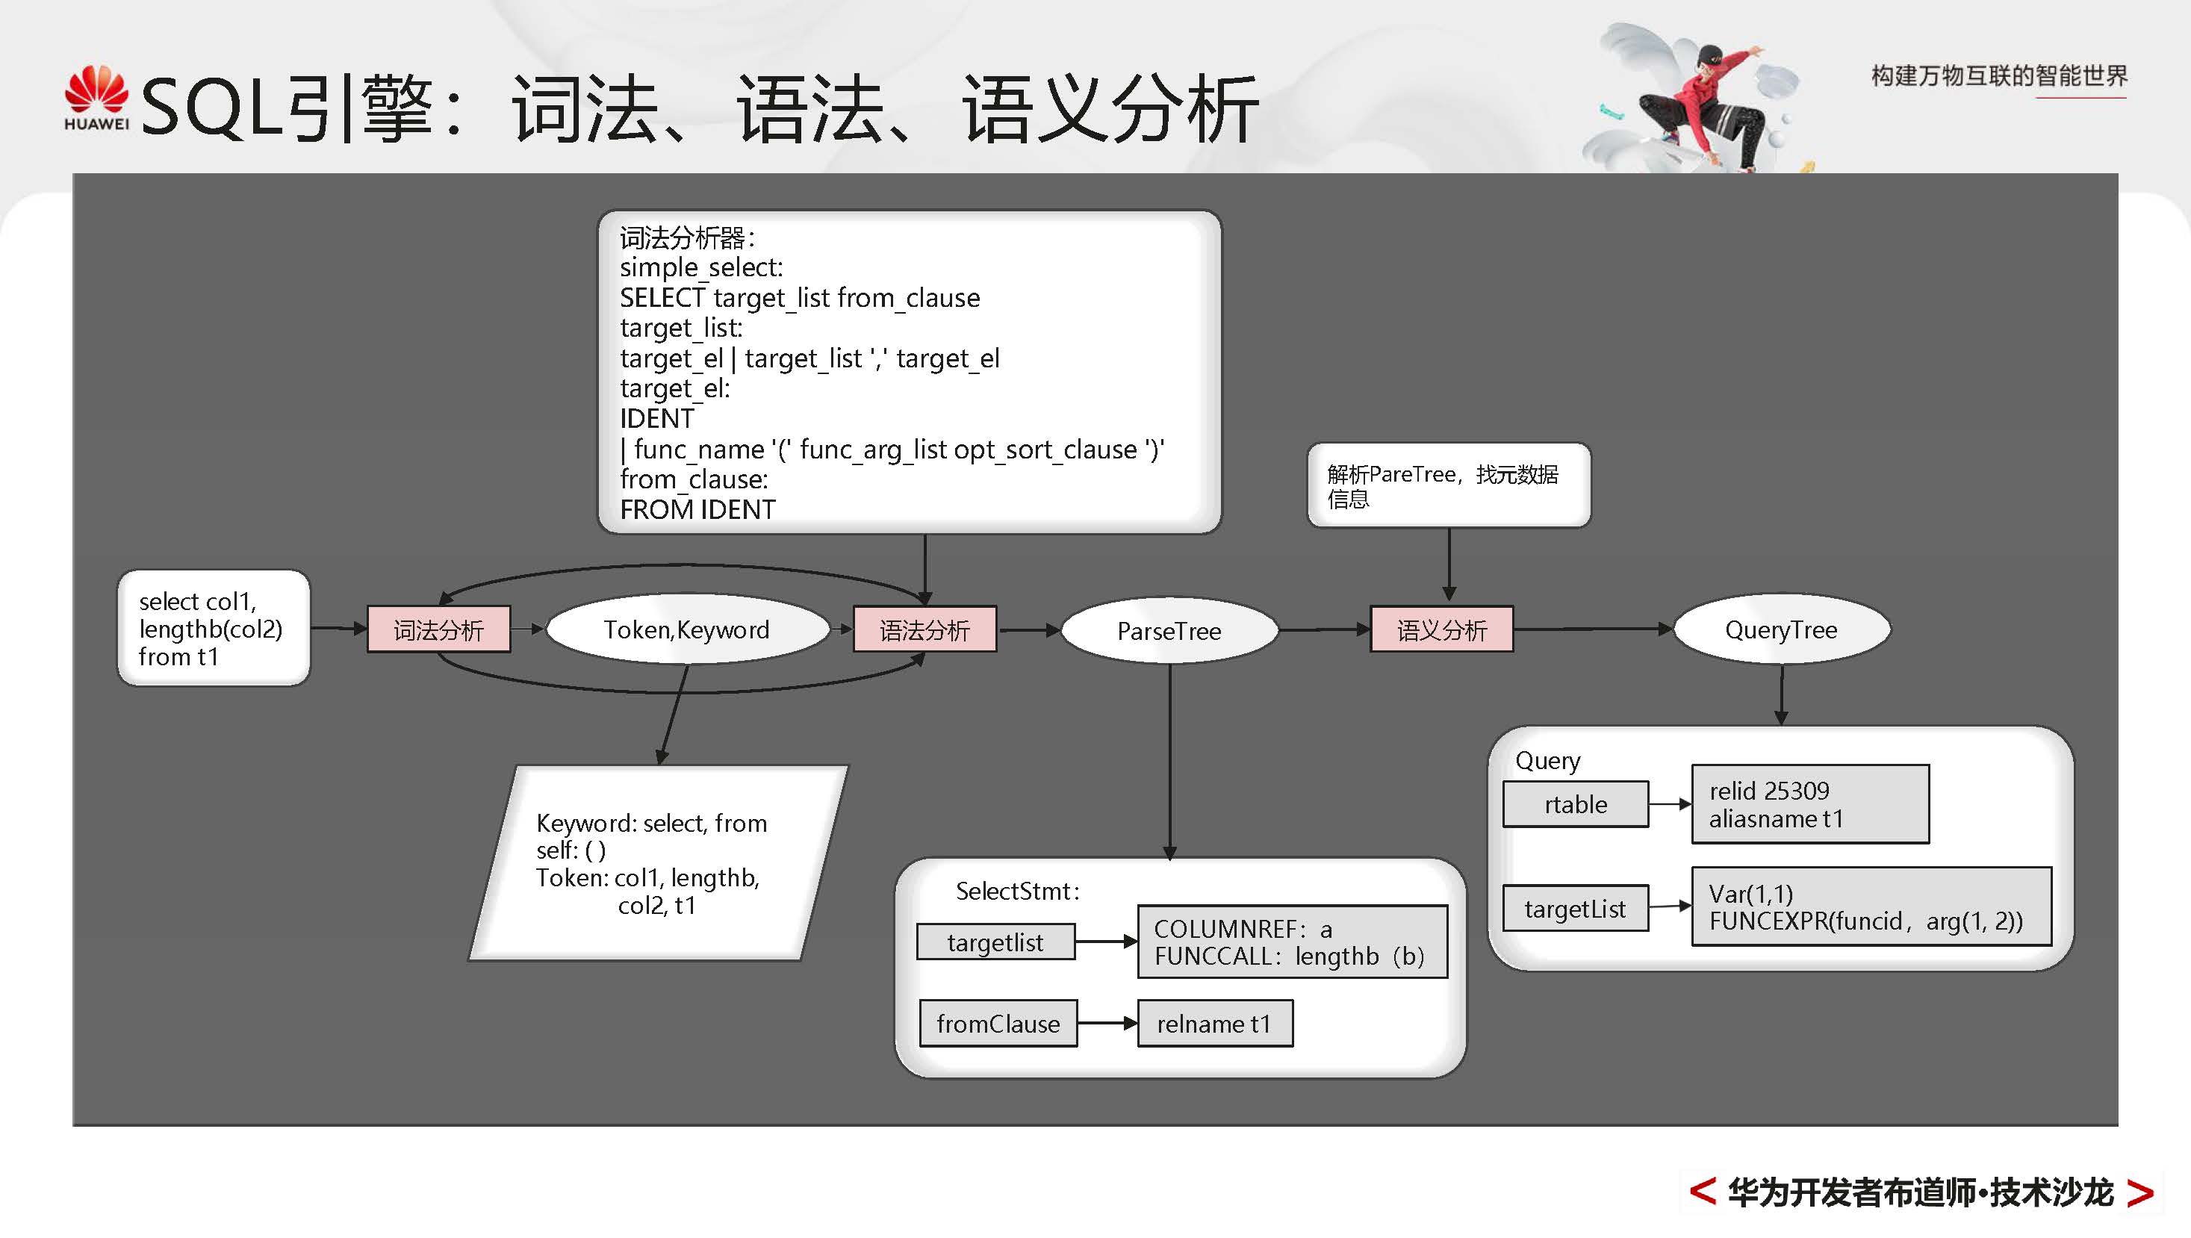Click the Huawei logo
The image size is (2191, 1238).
(96, 98)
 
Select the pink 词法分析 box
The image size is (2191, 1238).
(438, 630)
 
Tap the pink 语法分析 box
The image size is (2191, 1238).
(924, 630)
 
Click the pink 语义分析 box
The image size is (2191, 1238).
(1442, 630)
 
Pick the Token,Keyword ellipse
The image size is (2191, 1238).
(686, 630)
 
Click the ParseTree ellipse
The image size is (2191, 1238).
(1169, 631)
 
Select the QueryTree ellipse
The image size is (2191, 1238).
(1781, 630)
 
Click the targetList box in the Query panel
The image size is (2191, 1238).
(1574, 909)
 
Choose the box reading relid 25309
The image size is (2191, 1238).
(1810, 804)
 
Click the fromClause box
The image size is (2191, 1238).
(998, 1024)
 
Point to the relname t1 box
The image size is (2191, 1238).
(1213, 1024)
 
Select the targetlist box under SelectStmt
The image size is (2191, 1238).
(995, 942)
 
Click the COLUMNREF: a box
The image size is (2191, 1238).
(1291, 942)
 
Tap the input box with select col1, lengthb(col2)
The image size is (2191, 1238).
(213, 629)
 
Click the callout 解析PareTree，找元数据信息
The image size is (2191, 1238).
(1448, 485)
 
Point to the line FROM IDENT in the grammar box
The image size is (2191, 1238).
(697, 509)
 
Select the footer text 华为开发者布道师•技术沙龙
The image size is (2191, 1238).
(1921, 1193)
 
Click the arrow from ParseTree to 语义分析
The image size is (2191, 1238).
(1323, 630)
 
